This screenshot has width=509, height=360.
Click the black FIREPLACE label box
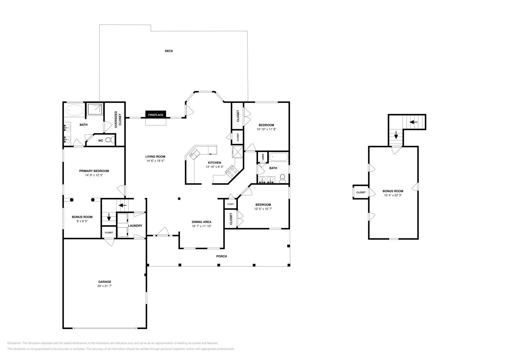(156, 114)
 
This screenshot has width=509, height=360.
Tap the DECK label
(169, 51)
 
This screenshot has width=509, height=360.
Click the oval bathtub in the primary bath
(74, 110)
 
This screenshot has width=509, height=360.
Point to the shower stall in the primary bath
(95, 109)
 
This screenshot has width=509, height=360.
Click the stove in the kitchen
(231, 171)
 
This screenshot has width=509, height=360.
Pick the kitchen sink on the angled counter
(194, 154)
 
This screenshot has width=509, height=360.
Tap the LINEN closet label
(263, 157)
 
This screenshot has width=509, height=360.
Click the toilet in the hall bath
(282, 179)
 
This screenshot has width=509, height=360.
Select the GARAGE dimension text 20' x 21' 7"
(105, 286)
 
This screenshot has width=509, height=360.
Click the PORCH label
(221, 256)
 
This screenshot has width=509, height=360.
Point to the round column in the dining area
(179, 199)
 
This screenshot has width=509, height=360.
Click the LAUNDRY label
(135, 225)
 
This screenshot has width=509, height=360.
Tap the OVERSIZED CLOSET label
(118, 120)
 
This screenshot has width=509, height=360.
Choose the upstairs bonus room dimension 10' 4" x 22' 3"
(393, 195)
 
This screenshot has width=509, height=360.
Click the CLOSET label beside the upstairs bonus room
(361, 192)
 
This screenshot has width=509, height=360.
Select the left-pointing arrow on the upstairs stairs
(414, 122)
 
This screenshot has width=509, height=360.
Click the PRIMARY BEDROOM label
(94, 171)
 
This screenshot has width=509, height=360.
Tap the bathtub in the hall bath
(279, 157)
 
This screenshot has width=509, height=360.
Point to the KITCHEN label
(214, 163)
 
